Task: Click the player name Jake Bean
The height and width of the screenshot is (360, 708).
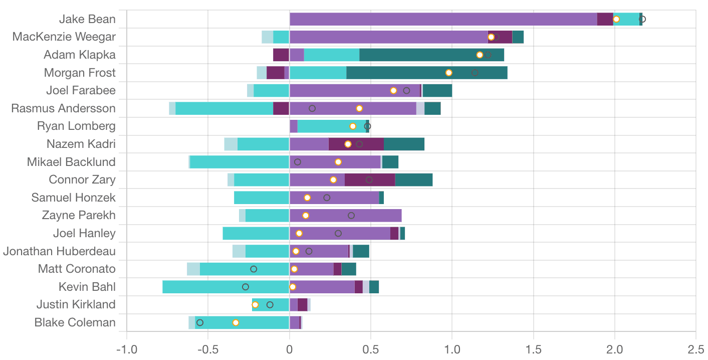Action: coord(87,19)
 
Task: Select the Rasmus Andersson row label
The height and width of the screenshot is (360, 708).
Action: coord(64,108)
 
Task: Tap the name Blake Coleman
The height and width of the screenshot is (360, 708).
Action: coord(75,322)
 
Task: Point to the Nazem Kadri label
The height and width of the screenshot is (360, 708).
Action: coord(81,144)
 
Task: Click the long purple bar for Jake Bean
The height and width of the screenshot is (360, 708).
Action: coord(443,19)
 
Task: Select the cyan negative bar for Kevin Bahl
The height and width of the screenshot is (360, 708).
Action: coord(225,287)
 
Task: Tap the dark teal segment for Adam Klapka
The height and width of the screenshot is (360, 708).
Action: coord(431,55)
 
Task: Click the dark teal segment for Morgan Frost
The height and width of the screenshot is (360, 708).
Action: coord(426,73)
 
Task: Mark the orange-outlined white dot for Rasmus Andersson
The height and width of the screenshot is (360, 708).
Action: coord(359,108)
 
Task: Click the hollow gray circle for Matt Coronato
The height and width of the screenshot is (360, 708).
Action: coord(254,269)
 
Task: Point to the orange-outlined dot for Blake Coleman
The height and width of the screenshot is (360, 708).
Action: coord(235,322)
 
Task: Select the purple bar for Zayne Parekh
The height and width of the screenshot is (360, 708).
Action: coord(346,216)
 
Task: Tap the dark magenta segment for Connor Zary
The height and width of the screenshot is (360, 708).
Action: coord(370,179)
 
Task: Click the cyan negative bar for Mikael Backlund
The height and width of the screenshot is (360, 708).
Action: coord(240,162)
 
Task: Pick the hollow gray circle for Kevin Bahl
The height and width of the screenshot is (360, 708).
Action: coord(246,287)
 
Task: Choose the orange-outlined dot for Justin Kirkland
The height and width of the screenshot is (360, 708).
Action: coord(255,305)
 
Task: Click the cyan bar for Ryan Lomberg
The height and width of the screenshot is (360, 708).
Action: coord(331,126)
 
